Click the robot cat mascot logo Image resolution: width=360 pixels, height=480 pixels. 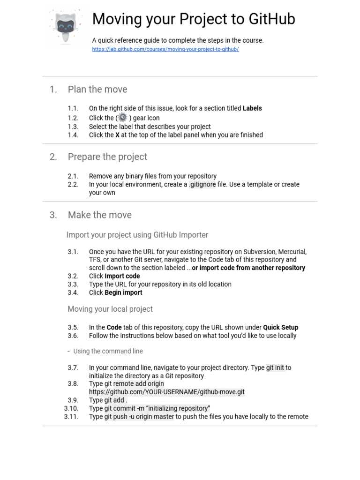(66, 26)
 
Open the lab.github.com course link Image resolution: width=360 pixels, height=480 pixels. (165, 49)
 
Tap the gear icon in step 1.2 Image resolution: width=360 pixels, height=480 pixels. (123, 117)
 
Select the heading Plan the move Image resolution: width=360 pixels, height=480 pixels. (97, 90)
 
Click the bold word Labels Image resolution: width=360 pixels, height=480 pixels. (252, 108)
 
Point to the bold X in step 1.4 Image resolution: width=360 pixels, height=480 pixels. (117, 135)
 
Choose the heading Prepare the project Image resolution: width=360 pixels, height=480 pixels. (107, 157)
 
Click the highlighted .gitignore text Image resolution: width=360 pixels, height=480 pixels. (202, 185)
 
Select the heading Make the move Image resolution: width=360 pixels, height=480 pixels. (100, 215)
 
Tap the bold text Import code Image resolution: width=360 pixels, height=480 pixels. (122, 276)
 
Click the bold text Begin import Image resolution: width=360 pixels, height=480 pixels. (123, 292)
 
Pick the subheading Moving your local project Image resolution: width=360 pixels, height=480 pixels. (110, 309)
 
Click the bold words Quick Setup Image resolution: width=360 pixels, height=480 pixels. (280, 328)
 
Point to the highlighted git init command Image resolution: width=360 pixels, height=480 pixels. (275, 368)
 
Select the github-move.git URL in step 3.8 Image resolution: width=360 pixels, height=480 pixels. (167, 392)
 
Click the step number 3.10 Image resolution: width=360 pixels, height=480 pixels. (71, 408)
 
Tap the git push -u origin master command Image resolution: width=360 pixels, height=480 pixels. (139, 417)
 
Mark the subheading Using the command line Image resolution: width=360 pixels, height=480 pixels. (108, 351)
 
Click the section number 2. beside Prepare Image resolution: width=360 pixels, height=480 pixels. (53, 157)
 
